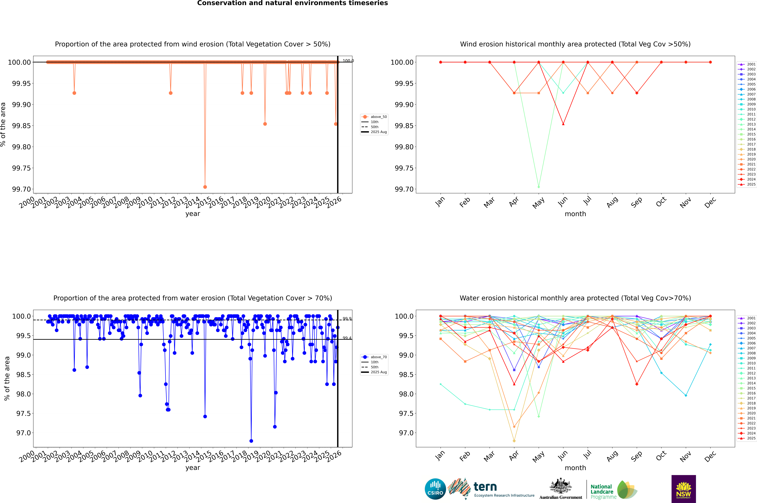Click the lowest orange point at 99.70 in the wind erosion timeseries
pyautogui.click(x=205, y=187)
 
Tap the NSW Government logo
pyautogui.click(x=683, y=489)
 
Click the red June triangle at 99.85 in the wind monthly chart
pyautogui.click(x=563, y=124)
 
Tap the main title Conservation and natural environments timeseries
pyautogui.click(x=292, y=3)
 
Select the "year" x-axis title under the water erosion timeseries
pyautogui.click(x=193, y=468)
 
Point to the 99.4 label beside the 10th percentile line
pyautogui.click(x=347, y=338)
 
